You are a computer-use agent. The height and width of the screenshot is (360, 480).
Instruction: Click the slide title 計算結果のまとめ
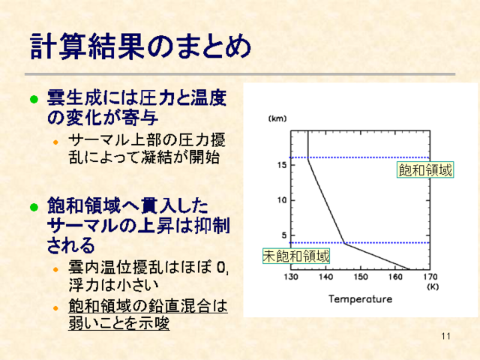[x=140, y=46]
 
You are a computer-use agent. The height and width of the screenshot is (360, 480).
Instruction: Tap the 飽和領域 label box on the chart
[x=425, y=169]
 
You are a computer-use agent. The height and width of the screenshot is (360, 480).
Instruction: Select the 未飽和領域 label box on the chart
[x=296, y=256]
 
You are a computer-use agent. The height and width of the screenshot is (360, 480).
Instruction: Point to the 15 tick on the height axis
[x=282, y=165]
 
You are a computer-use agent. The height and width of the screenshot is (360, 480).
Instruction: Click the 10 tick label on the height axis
[x=282, y=200]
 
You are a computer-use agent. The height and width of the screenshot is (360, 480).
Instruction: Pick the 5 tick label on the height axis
[x=284, y=235]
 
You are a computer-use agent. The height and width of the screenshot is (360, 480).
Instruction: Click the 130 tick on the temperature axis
[x=291, y=277]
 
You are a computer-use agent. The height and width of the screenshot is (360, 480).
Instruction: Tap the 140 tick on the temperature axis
[x=325, y=277]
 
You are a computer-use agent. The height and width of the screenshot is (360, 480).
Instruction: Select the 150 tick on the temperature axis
[x=361, y=277]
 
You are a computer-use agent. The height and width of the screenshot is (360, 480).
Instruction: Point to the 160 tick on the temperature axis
[x=395, y=277]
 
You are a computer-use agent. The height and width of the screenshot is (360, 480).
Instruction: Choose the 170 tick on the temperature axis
[x=430, y=277]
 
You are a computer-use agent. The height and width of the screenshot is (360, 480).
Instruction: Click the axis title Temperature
[x=360, y=299]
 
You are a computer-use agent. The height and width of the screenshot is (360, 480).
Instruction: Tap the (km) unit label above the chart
[x=277, y=118]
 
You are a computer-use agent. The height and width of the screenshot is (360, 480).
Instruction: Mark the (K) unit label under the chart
[x=433, y=286]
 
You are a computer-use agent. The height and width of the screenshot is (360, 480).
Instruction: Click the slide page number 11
[x=446, y=336]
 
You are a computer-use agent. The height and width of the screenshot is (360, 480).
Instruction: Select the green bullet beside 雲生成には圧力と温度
[x=34, y=100]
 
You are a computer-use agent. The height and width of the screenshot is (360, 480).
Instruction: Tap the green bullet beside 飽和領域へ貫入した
[x=34, y=207]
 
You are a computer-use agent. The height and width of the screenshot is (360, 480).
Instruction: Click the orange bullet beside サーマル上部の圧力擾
[x=55, y=142]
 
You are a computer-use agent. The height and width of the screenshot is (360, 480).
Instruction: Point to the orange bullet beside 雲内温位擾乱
[x=55, y=270]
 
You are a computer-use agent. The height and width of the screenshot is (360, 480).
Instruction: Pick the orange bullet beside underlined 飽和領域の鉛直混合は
[x=55, y=308]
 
